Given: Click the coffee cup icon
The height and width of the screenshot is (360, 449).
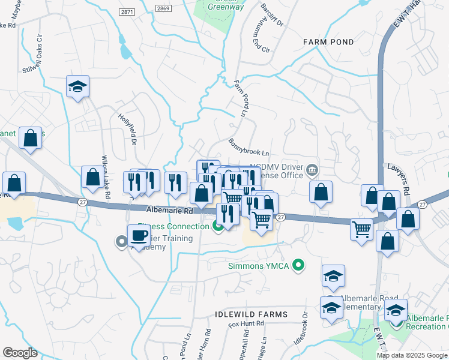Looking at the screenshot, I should pyautogui.click(x=139, y=235).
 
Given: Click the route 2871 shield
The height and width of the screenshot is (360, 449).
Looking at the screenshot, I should pyautogui.click(x=127, y=11).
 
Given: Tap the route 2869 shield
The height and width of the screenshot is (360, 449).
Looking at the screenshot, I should pyautogui.click(x=163, y=8).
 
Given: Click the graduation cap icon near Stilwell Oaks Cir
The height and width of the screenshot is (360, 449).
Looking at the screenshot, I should pyautogui.click(x=77, y=87).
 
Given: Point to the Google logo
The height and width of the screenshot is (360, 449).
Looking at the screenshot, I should pyautogui.click(x=20, y=352).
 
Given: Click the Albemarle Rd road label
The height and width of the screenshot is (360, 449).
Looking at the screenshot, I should pyautogui.click(x=170, y=211).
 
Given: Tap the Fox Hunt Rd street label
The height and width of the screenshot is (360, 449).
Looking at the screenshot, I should pyautogui.click(x=246, y=324).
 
